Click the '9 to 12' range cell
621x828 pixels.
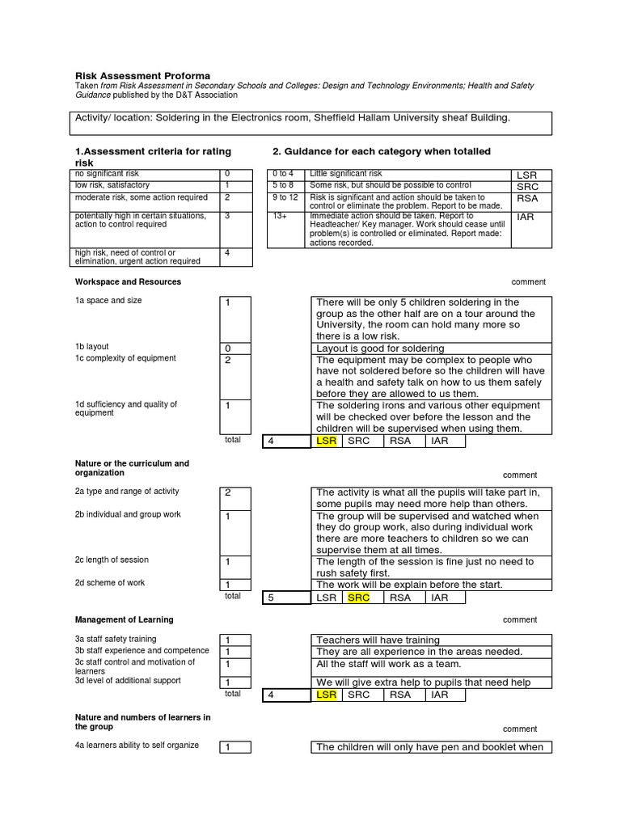click(x=285, y=197)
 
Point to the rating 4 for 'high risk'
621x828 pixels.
click(x=227, y=252)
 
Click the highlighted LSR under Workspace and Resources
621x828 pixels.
click(x=326, y=441)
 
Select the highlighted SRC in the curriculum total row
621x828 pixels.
click(x=358, y=598)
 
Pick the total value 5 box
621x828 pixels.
click(x=287, y=598)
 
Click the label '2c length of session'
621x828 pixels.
click(x=112, y=560)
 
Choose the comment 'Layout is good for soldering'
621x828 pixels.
click(x=380, y=349)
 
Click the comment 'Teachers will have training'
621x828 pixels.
click(x=378, y=640)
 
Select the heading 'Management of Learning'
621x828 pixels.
click(x=124, y=620)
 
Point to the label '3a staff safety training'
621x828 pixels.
click(x=116, y=639)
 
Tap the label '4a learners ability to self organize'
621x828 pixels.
click(x=137, y=745)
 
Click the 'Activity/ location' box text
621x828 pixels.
click(x=293, y=118)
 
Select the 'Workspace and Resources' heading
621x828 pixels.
click(x=128, y=282)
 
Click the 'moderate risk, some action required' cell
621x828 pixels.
click(x=142, y=197)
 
